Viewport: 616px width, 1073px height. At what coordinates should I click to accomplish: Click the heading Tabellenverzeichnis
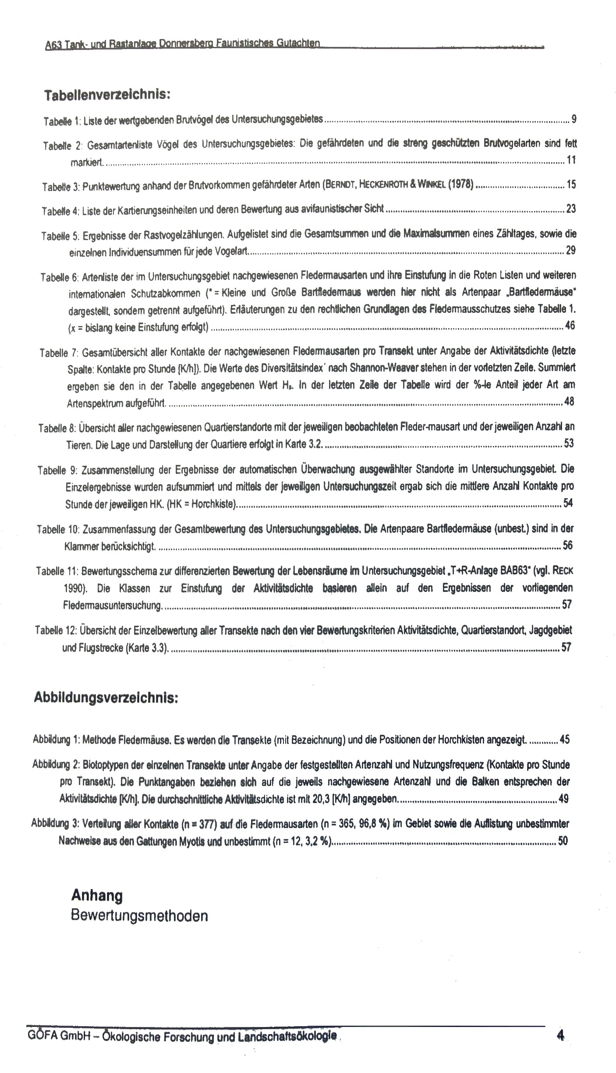[x=106, y=95]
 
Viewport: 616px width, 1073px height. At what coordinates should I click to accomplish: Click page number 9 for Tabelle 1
[x=574, y=118]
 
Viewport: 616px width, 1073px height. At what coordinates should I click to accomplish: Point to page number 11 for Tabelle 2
[x=571, y=160]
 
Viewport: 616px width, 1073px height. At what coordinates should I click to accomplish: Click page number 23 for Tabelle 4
[x=571, y=209]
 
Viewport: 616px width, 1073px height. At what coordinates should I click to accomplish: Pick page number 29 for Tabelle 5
[x=570, y=251]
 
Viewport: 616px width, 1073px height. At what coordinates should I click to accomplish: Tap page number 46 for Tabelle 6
[x=570, y=326]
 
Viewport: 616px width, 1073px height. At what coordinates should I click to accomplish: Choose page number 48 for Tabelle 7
[x=569, y=401]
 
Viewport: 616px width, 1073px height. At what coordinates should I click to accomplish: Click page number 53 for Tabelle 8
[x=569, y=443]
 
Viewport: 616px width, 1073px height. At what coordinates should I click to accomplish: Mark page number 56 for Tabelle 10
[x=568, y=545]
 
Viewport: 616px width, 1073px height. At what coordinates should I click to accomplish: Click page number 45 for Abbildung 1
[x=565, y=740]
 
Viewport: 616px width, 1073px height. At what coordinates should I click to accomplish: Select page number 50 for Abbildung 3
[x=563, y=841]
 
